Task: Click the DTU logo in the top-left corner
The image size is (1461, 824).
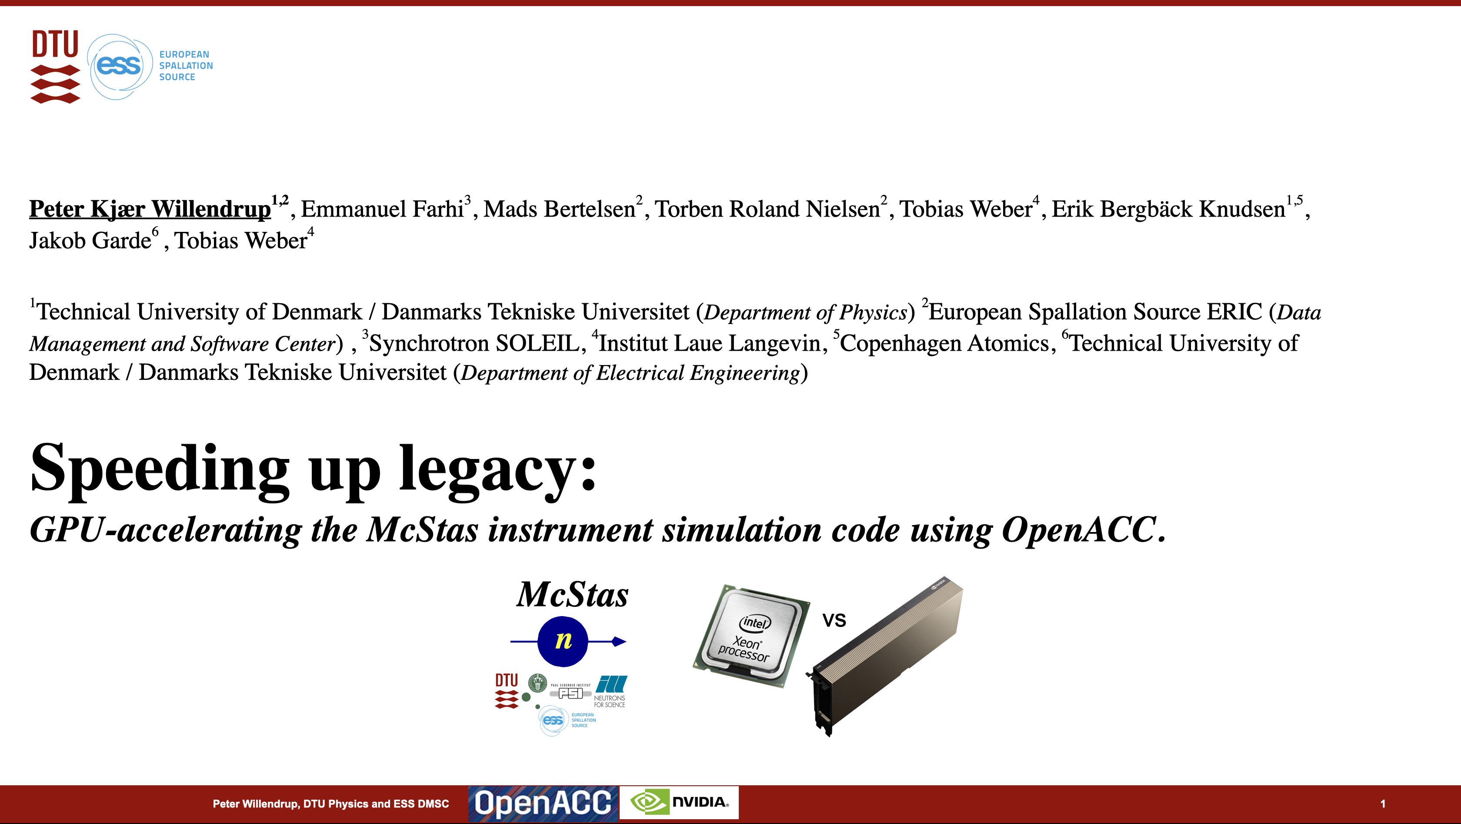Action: tap(55, 67)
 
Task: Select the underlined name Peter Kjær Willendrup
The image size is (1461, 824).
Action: tap(150, 209)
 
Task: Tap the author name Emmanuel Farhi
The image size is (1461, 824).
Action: tap(382, 209)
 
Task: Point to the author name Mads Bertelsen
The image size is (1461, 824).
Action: tap(559, 209)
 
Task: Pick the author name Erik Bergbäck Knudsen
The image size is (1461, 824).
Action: tap(1168, 209)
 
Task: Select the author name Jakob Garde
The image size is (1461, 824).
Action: tap(90, 241)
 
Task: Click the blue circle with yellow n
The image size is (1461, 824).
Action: tap(563, 641)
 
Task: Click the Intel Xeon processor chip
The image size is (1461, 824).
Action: tap(751, 636)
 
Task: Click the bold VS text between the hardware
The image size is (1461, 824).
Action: tap(834, 621)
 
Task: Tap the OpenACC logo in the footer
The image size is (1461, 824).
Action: tap(543, 804)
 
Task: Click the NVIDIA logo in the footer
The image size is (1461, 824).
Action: tap(679, 802)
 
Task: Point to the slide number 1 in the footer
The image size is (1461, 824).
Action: tap(1383, 804)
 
